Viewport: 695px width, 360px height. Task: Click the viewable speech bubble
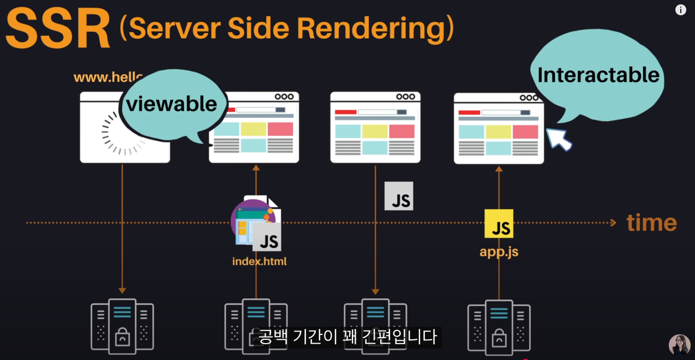pos(172,104)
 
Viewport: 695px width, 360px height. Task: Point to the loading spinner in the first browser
pos(124,133)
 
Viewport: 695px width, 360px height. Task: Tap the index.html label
pos(259,261)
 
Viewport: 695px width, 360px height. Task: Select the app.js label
pos(499,252)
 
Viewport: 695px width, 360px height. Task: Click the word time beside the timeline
pos(651,223)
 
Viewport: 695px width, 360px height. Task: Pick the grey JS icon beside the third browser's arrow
pos(399,196)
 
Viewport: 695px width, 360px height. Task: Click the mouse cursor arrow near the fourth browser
pos(559,139)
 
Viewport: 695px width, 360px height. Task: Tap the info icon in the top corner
pos(680,10)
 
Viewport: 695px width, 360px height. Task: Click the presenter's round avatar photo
pos(679,345)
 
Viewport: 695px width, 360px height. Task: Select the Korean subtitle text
pos(347,336)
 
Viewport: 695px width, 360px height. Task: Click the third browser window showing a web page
pos(375,127)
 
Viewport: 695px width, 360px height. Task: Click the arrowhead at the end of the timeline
pos(613,223)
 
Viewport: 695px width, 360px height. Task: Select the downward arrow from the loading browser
pos(122,229)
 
